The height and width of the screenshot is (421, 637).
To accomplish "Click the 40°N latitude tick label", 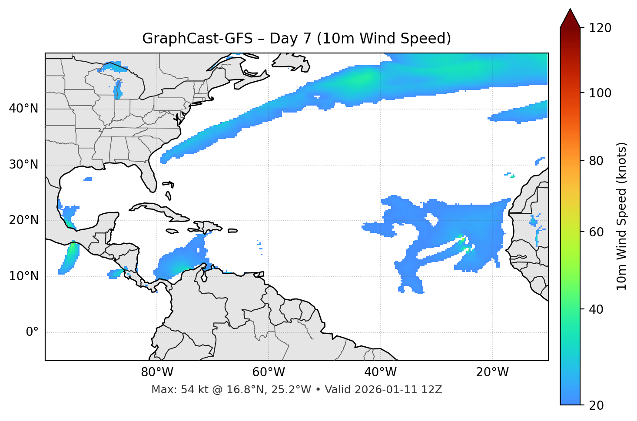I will (23, 109).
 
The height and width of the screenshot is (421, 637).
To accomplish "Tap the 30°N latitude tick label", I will (23, 165).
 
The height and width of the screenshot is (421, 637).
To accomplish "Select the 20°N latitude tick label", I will (23, 220).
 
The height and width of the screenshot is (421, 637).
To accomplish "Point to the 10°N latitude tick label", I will (23, 276).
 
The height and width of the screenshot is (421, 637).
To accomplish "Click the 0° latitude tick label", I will (32, 332).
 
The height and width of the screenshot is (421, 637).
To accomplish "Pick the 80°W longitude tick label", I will (157, 372).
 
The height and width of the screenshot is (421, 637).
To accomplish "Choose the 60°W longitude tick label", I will (269, 372).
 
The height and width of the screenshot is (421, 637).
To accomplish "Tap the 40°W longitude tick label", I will (380, 372).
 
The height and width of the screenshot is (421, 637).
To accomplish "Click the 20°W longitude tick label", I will (492, 372).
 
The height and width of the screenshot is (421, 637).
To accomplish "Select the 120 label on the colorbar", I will (600, 28).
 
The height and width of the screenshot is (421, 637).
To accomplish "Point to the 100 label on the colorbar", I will (600, 93).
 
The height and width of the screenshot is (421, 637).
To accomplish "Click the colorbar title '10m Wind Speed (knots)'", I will (622, 216).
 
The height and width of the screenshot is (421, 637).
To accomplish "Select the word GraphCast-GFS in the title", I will (197, 39).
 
